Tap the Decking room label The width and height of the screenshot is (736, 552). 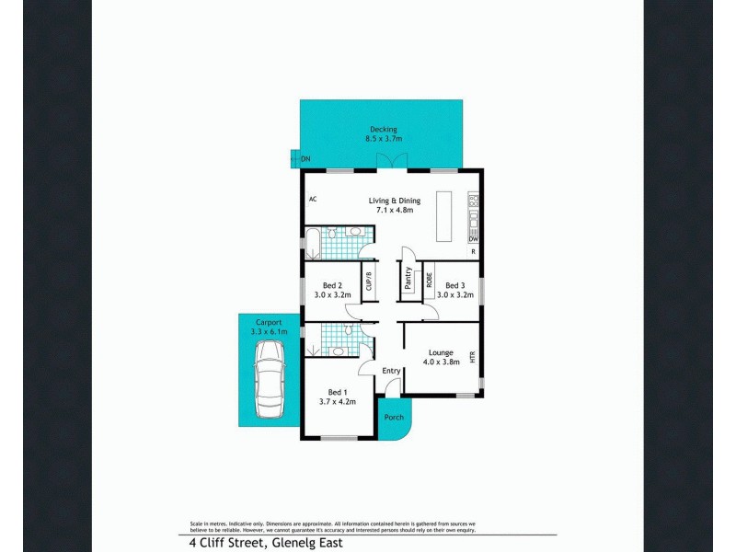pos(383,129)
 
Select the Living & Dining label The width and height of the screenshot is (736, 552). pos(395,201)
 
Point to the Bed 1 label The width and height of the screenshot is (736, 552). pos(338,392)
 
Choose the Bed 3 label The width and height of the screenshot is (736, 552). pos(454,285)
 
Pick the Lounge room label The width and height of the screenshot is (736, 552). pos(441,352)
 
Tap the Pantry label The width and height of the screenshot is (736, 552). pos(408,279)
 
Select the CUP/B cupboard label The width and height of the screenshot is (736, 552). pos(369,280)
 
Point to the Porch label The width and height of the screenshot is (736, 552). pos(394,418)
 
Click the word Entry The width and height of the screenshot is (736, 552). pos(392,371)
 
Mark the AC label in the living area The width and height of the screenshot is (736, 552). pos(313,200)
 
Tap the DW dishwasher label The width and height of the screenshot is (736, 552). pos(473,238)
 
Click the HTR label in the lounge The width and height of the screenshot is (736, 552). pos(473,357)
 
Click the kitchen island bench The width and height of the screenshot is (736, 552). pos(445,215)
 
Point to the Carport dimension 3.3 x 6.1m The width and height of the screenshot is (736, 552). pos(270,331)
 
